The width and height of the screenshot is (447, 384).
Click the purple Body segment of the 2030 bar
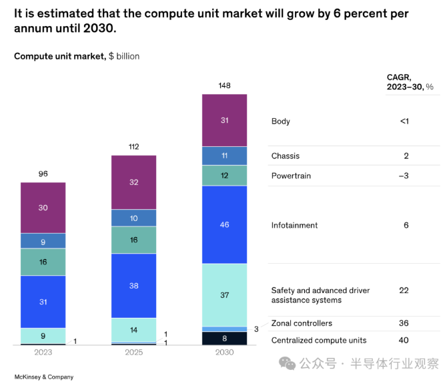click(x=224, y=120)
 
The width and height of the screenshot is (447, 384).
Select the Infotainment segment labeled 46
click(x=224, y=224)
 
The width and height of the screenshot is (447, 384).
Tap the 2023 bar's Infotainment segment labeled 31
click(x=43, y=302)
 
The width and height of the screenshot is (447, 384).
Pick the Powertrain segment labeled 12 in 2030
click(x=224, y=175)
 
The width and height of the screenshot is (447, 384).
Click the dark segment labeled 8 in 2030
click(x=224, y=338)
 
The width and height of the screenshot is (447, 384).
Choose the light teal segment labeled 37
click(x=224, y=295)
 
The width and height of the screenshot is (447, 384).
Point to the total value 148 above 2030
click(x=224, y=85)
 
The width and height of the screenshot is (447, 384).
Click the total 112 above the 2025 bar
click(x=133, y=147)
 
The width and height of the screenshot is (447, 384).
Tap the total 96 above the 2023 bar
click(x=43, y=174)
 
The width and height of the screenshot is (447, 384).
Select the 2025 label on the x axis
click(x=133, y=351)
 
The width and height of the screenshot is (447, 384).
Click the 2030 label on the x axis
click(x=224, y=351)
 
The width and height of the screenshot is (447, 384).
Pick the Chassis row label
click(x=286, y=156)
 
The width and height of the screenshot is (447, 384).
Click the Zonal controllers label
click(x=301, y=323)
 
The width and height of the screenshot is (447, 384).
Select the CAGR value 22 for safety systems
click(x=405, y=291)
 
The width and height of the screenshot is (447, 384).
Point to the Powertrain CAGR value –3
click(x=404, y=176)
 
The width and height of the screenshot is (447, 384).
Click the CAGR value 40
click(x=405, y=340)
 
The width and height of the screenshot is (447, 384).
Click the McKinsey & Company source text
click(x=44, y=377)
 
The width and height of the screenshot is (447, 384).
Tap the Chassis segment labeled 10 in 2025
click(x=133, y=218)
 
